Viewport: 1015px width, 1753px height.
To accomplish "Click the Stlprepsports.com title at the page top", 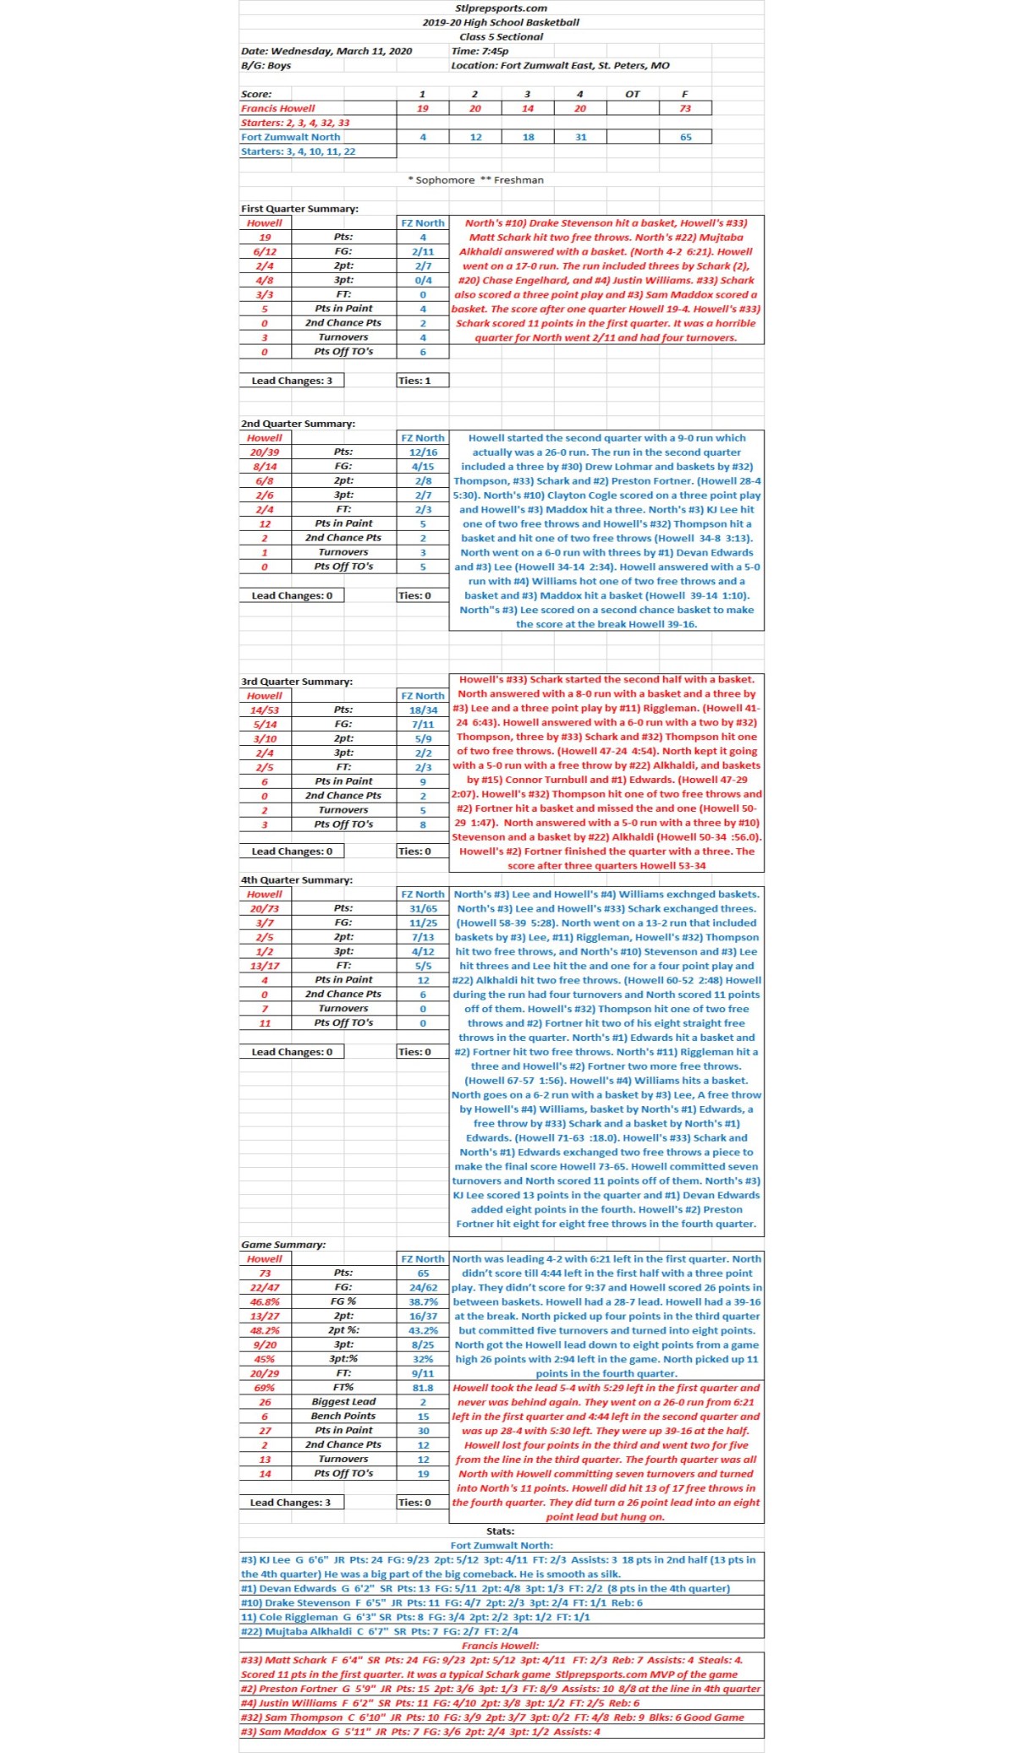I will (501, 8).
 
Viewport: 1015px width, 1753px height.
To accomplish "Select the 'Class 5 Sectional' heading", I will (501, 36).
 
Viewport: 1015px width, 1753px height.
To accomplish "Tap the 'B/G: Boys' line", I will (266, 65).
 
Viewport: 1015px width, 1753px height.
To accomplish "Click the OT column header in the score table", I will (632, 94).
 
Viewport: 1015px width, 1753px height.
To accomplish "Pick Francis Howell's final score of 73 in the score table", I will (684, 108).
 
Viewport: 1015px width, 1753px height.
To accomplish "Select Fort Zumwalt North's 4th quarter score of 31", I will (580, 137).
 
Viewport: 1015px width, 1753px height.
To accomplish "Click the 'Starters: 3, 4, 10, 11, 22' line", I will (298, 151).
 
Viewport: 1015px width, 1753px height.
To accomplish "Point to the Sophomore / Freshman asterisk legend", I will (475, 180).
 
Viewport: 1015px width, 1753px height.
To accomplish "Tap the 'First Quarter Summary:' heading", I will (299, 208).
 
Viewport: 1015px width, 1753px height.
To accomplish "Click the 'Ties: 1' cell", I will (414, 381).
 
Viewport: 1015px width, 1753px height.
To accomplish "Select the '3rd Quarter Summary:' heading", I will (296, 681).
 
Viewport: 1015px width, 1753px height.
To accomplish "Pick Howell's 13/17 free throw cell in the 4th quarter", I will (265, 966).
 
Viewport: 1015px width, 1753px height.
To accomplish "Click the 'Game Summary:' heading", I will (283, 1244).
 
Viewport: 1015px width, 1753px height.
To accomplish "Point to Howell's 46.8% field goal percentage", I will (265, 1301).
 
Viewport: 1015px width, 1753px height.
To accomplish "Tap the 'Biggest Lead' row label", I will (343, 1402).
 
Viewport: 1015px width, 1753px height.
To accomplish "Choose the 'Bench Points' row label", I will (343, 1416).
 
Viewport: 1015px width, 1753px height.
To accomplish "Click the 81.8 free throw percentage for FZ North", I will (423, 1388).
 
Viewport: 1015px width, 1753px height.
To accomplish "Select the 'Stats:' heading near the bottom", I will (501, 1531).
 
